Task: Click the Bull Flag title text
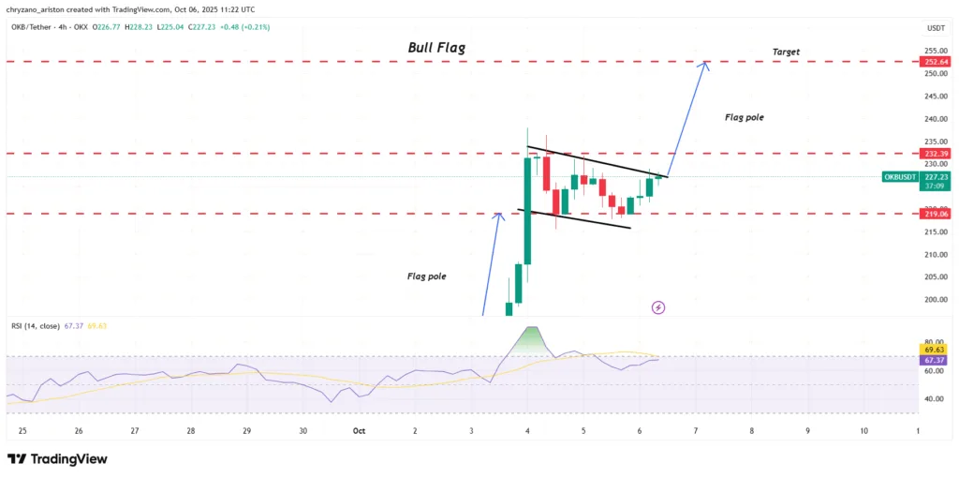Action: point(436,47)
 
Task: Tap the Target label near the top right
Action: point(786,51)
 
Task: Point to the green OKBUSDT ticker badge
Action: point(900,176)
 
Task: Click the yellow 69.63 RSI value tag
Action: point(934,349)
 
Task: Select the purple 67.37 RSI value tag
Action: point(934,360)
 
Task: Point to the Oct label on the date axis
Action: point(359,431)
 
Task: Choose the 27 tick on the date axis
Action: point(135,431)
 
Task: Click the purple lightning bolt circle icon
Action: point(658,306)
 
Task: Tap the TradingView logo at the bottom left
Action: point(57,459)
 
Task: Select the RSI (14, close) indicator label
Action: point(34,326)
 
